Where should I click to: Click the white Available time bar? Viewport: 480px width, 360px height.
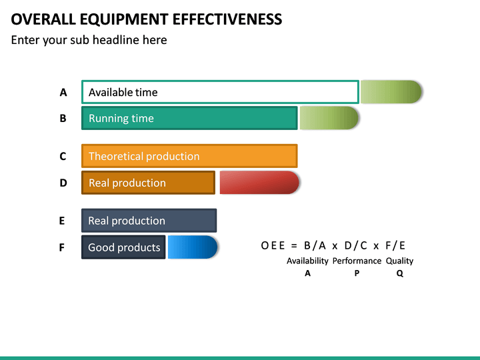pyautogui.click(x=220, y=92)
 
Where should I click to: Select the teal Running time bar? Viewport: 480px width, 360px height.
pyautogui.click(x=189, y=118)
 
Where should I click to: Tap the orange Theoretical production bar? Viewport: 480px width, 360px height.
pyautogui.click(x=189, y=156)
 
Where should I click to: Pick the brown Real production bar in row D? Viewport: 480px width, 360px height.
pyautogui.click(x=148, y=183)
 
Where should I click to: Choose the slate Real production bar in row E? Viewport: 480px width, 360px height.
pyautogui.click(x=149, y=221)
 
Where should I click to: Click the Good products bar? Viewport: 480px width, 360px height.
pyautogui.click(x=123, y=247)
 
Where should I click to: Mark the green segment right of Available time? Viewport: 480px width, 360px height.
pyautogui.click(x=391, y=92)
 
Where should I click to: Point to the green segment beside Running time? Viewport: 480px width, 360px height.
pyautogui.click(x=329, y=118)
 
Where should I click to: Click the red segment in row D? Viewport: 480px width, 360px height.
pyautogui.click(x=259, y=183)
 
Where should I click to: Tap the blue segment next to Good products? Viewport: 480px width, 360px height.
pyautogui.click(x=193, y=247)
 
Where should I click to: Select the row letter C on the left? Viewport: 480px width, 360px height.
pyautogui.click(x=63, y=157)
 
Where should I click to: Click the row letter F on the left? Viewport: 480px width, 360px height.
pyautogui.click(x=62, y=248)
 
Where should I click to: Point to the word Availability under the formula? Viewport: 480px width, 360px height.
pyautogui.click(x=307, y=261)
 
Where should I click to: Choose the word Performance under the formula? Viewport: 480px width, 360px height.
pyautogui.click(x=357, y=261)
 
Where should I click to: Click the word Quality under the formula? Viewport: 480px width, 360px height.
pyautogui.click(x=399, y=261)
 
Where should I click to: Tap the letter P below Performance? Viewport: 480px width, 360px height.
pyautogui.click(x=357, y=273)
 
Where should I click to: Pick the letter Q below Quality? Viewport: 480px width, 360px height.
pyautogui.click(x=399, y=273)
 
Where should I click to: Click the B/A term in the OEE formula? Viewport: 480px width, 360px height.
pyautogui.click(x=311, y=245)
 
